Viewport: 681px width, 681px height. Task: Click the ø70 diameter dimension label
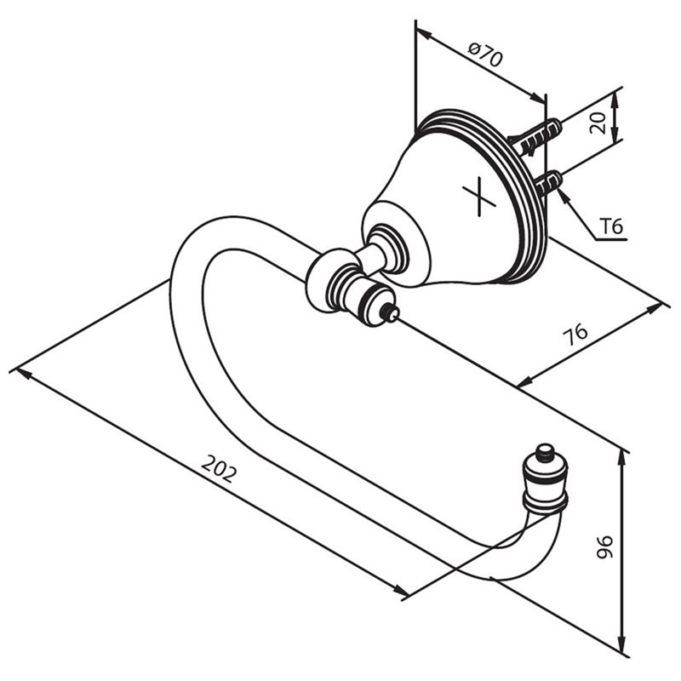[485, 53]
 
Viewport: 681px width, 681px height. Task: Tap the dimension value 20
[598, 123]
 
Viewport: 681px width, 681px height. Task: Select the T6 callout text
[611, 226]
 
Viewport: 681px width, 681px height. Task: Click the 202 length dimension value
[220, 469]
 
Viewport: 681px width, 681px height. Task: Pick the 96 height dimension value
[604, 547]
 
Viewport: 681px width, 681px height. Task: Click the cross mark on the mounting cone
[478, 197]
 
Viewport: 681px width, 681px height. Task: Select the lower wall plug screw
[547, 183]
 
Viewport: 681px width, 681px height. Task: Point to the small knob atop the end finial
[545, 452]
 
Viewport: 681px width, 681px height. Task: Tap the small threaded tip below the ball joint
[389, 312]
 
